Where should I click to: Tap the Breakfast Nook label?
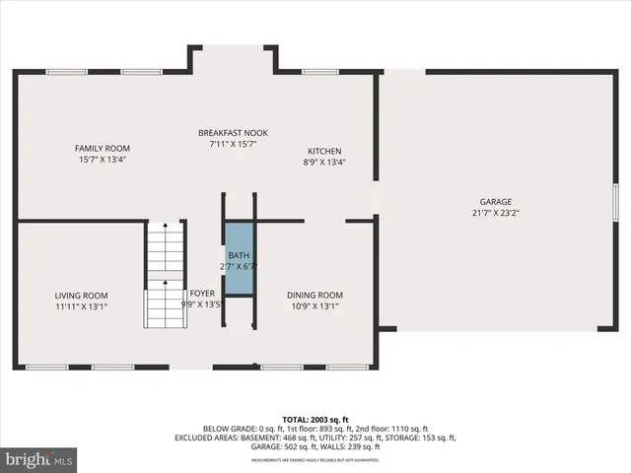coord(233,133)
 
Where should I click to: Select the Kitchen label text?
coord(324,152)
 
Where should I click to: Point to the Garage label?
coord(496,201)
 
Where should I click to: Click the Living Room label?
coord(81,296)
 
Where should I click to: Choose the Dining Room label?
coord(315,296)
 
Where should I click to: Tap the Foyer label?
coord(203,293)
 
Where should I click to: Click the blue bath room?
coord(240,259)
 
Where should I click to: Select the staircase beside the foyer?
coord(166,275)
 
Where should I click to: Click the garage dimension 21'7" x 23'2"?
coord(496,212)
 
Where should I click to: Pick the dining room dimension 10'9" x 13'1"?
coord(315,305)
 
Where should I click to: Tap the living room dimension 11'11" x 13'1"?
coord(81,305)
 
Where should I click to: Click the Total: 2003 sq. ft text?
coord(315,420)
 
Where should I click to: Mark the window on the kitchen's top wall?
coord(320,71)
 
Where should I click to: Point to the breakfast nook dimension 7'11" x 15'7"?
coord(233,144)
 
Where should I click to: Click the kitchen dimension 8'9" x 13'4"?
coord(324,163)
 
